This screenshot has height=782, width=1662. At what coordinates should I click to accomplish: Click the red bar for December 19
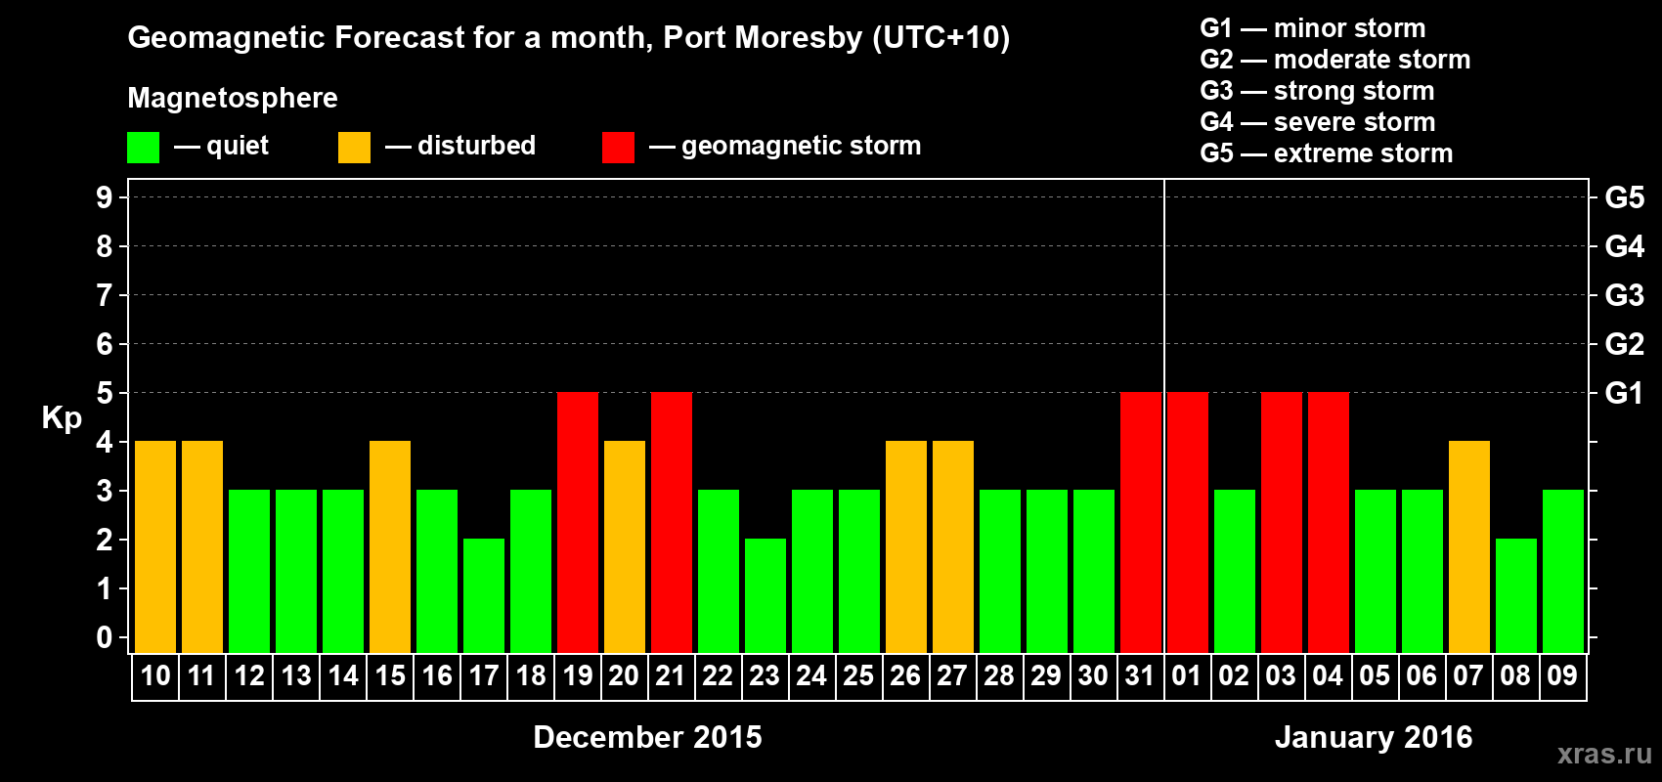578,522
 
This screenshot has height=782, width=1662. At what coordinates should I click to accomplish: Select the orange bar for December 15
390,546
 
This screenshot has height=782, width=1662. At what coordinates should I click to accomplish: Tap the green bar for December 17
484,595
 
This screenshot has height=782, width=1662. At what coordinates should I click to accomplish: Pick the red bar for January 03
1282,522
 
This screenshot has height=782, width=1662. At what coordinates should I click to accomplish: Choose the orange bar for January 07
1469,546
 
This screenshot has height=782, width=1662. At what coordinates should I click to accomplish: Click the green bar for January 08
1516,595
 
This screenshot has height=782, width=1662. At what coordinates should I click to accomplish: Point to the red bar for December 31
1141,522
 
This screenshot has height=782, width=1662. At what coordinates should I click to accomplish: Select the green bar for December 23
765,595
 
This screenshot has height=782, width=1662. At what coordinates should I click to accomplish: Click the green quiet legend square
143,148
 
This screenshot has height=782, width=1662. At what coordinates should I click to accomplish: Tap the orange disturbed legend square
354,148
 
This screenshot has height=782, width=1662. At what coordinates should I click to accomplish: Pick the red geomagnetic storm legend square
618,148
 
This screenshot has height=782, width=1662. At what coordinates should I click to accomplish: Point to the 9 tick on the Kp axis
105,197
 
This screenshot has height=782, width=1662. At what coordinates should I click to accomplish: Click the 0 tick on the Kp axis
105,637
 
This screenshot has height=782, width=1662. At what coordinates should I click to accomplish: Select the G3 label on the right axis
1624,295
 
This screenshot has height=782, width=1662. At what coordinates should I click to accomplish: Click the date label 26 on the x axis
905,675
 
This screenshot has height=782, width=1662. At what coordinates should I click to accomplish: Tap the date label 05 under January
1375,675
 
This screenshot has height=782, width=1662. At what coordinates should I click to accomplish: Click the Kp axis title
62,418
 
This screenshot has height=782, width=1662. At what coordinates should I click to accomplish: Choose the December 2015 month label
647,737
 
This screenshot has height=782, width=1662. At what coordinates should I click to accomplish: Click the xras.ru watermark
1604,753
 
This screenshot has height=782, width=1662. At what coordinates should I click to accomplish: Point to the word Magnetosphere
233,98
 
